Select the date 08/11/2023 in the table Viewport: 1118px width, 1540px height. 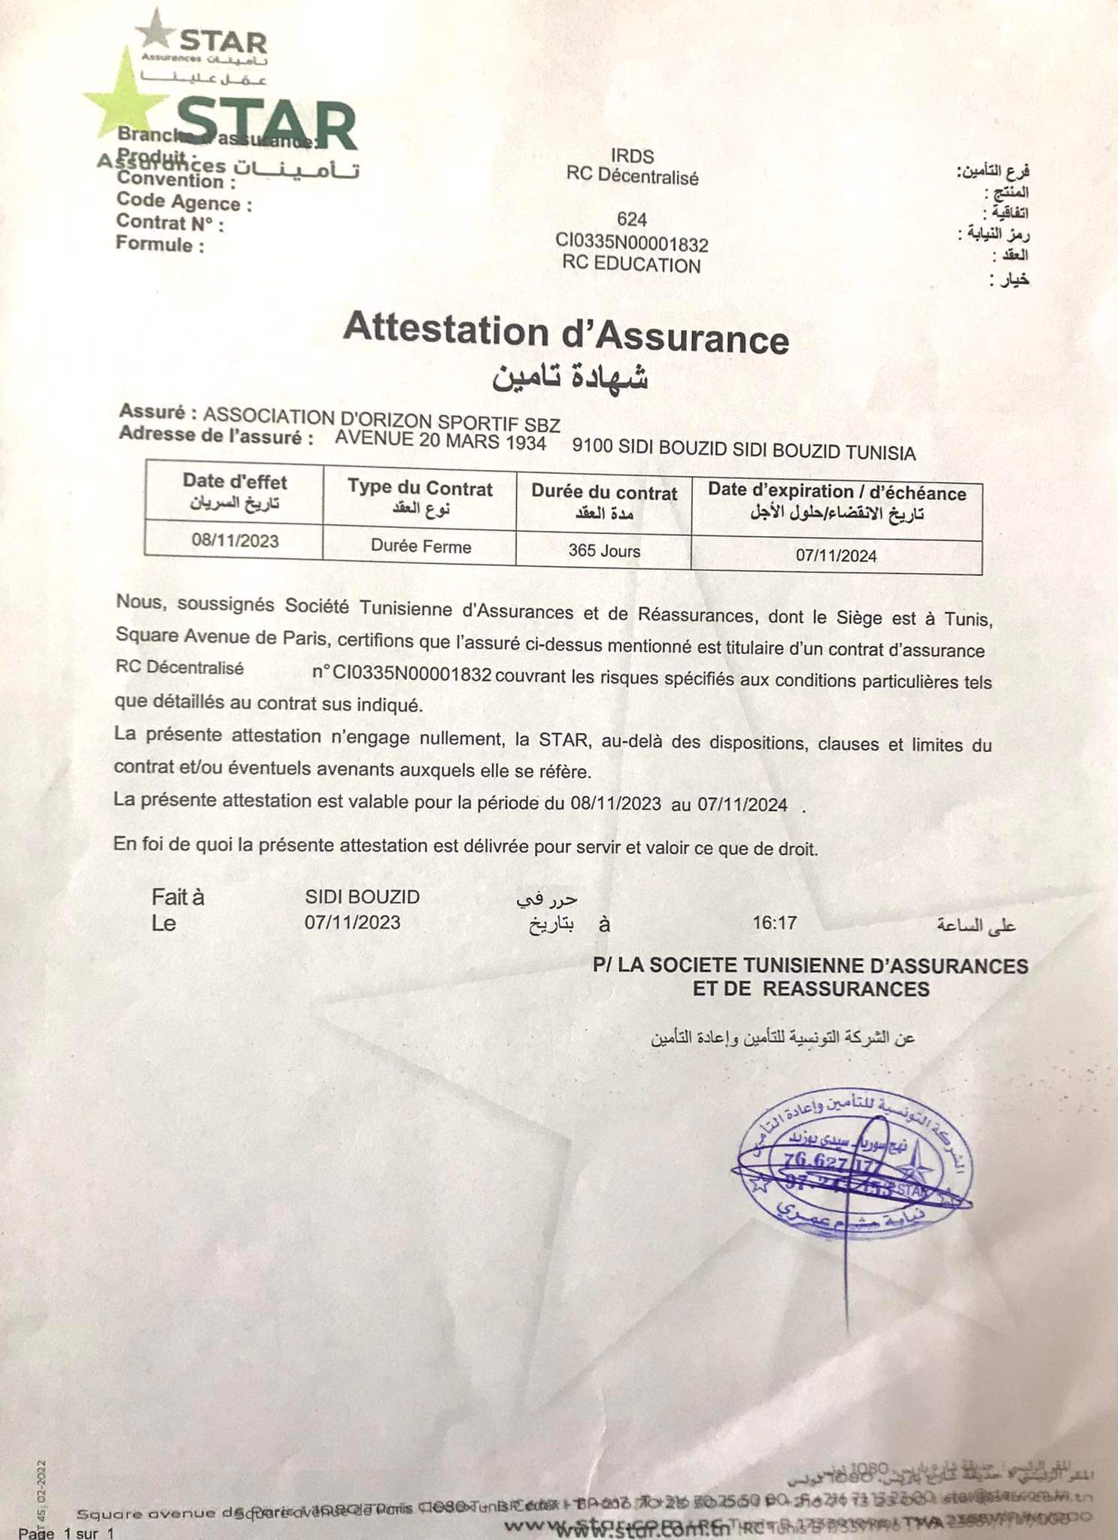[x=235, y=541]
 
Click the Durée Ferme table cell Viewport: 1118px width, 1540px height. [x=421, y=547]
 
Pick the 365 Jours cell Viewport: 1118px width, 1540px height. [x=604, y=550]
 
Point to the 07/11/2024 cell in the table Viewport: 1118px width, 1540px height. [x=836, y=556]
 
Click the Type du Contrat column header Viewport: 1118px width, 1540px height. [x=420, y=488]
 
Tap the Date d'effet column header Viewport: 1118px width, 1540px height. [x=235, y=482]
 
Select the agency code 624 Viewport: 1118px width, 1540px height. [x=631, y=220]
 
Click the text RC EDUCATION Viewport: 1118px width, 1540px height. [x=631, y=265]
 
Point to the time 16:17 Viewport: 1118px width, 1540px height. [x=774, y=923]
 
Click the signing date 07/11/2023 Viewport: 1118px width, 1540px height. [x=352, y=923]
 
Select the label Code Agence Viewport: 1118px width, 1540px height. [x=184, y=202]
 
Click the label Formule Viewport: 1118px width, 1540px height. [x=159, y=244]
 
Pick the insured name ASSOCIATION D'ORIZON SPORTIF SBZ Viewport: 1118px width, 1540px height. [x=381, y=417]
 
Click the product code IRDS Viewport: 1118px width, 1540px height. [x=632, y=156]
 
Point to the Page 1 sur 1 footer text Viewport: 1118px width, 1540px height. [x=66, y=1532]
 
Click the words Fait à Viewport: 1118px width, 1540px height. [x=178, y=897]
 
